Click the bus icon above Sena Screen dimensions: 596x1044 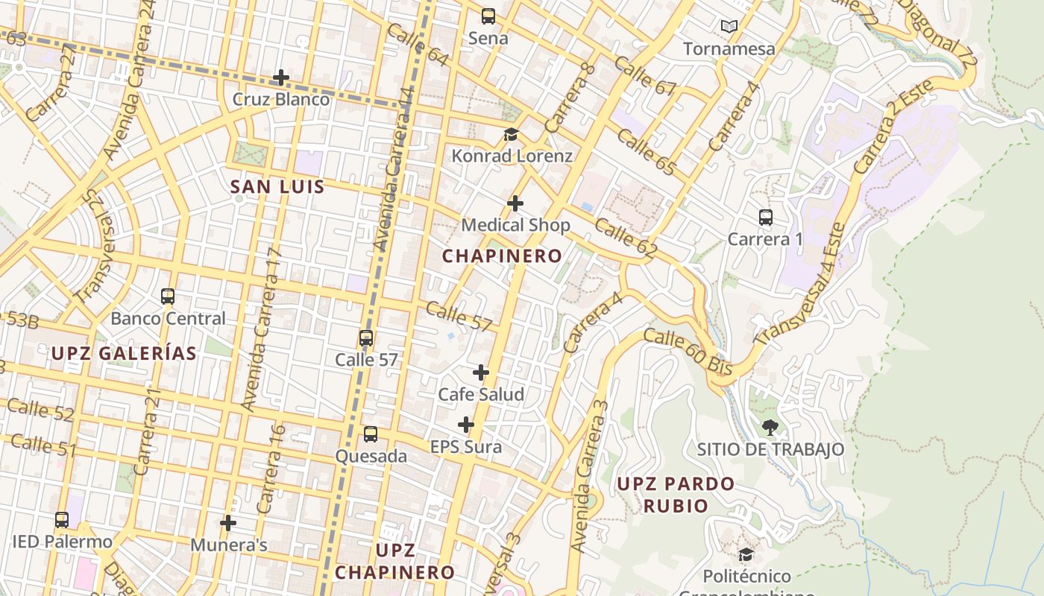(x=488, y=16)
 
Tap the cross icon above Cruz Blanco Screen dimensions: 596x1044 (x=281, y=77)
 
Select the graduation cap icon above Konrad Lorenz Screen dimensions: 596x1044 (x=511, y=134)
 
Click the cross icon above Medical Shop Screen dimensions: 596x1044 (x=515, y=203)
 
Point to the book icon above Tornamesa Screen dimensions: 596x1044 (x=729, y=27)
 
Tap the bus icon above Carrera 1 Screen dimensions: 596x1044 (x=766, y=218)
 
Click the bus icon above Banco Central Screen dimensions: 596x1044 (x=168, y=297)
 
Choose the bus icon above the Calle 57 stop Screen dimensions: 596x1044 (x=366, y=338)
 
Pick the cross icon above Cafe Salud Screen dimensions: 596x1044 (x=481, y=372)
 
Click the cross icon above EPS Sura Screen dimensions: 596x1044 (x=466, y=425)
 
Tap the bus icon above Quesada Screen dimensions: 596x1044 (x=371, y=434)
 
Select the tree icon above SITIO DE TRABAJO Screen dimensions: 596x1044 (x=770, y=428)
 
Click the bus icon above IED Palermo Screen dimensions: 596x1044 (x=62, y=520)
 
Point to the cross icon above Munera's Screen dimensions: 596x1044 (x=229, y=523)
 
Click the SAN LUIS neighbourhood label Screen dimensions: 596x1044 (x=277, y=187)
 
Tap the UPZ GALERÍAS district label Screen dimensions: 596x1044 (x=124, y=354)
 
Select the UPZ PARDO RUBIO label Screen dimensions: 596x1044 (x=676, y=495)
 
